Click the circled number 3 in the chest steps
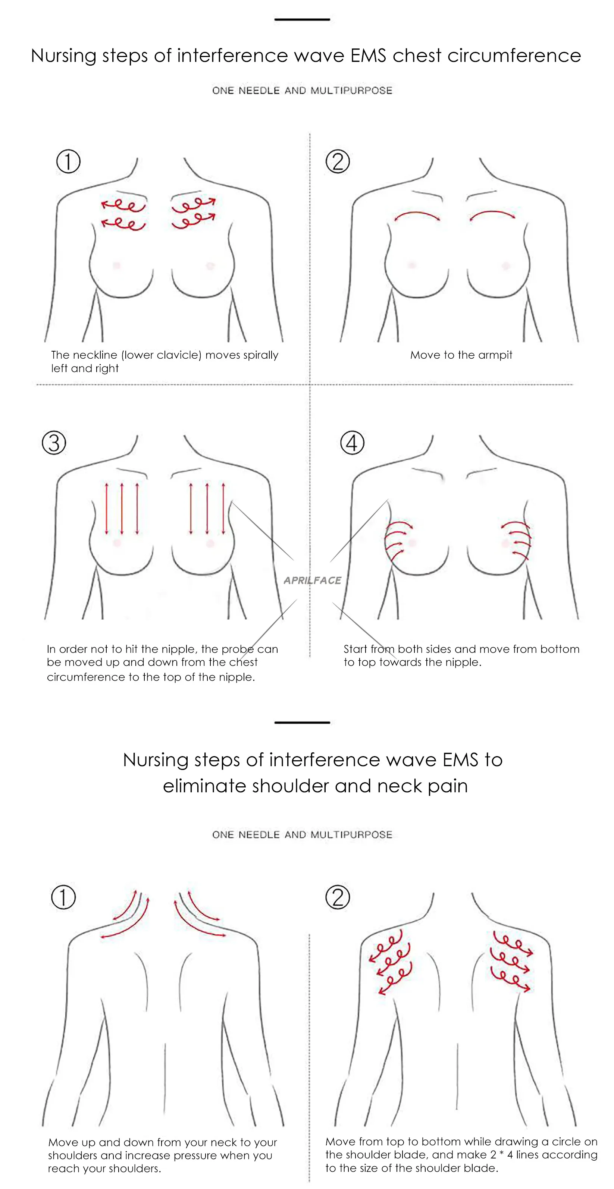(54, 443)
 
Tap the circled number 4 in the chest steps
(352, 443)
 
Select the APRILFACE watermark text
(312, 580)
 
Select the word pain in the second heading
(447, 786)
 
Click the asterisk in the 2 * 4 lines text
(501, 1155)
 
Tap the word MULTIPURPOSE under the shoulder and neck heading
(351, 834)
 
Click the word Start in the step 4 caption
(355, 649)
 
